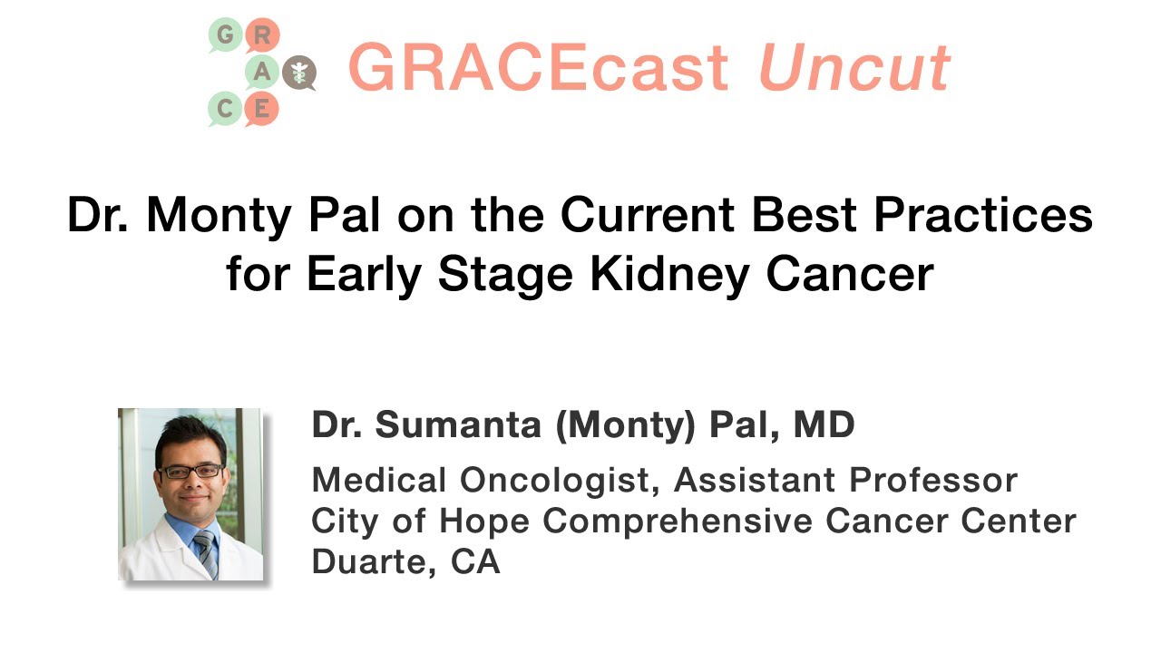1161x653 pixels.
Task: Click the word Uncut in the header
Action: coord(854,69)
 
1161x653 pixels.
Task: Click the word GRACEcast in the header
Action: coord(537,69)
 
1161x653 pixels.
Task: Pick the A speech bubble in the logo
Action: coord(262,73)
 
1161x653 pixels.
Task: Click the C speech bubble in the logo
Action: coord(226,110)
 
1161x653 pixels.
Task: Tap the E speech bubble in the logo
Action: coord(262,110)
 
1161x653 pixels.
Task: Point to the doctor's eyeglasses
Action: coord(190,471)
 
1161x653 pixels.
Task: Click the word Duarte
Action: coord(367,561)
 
